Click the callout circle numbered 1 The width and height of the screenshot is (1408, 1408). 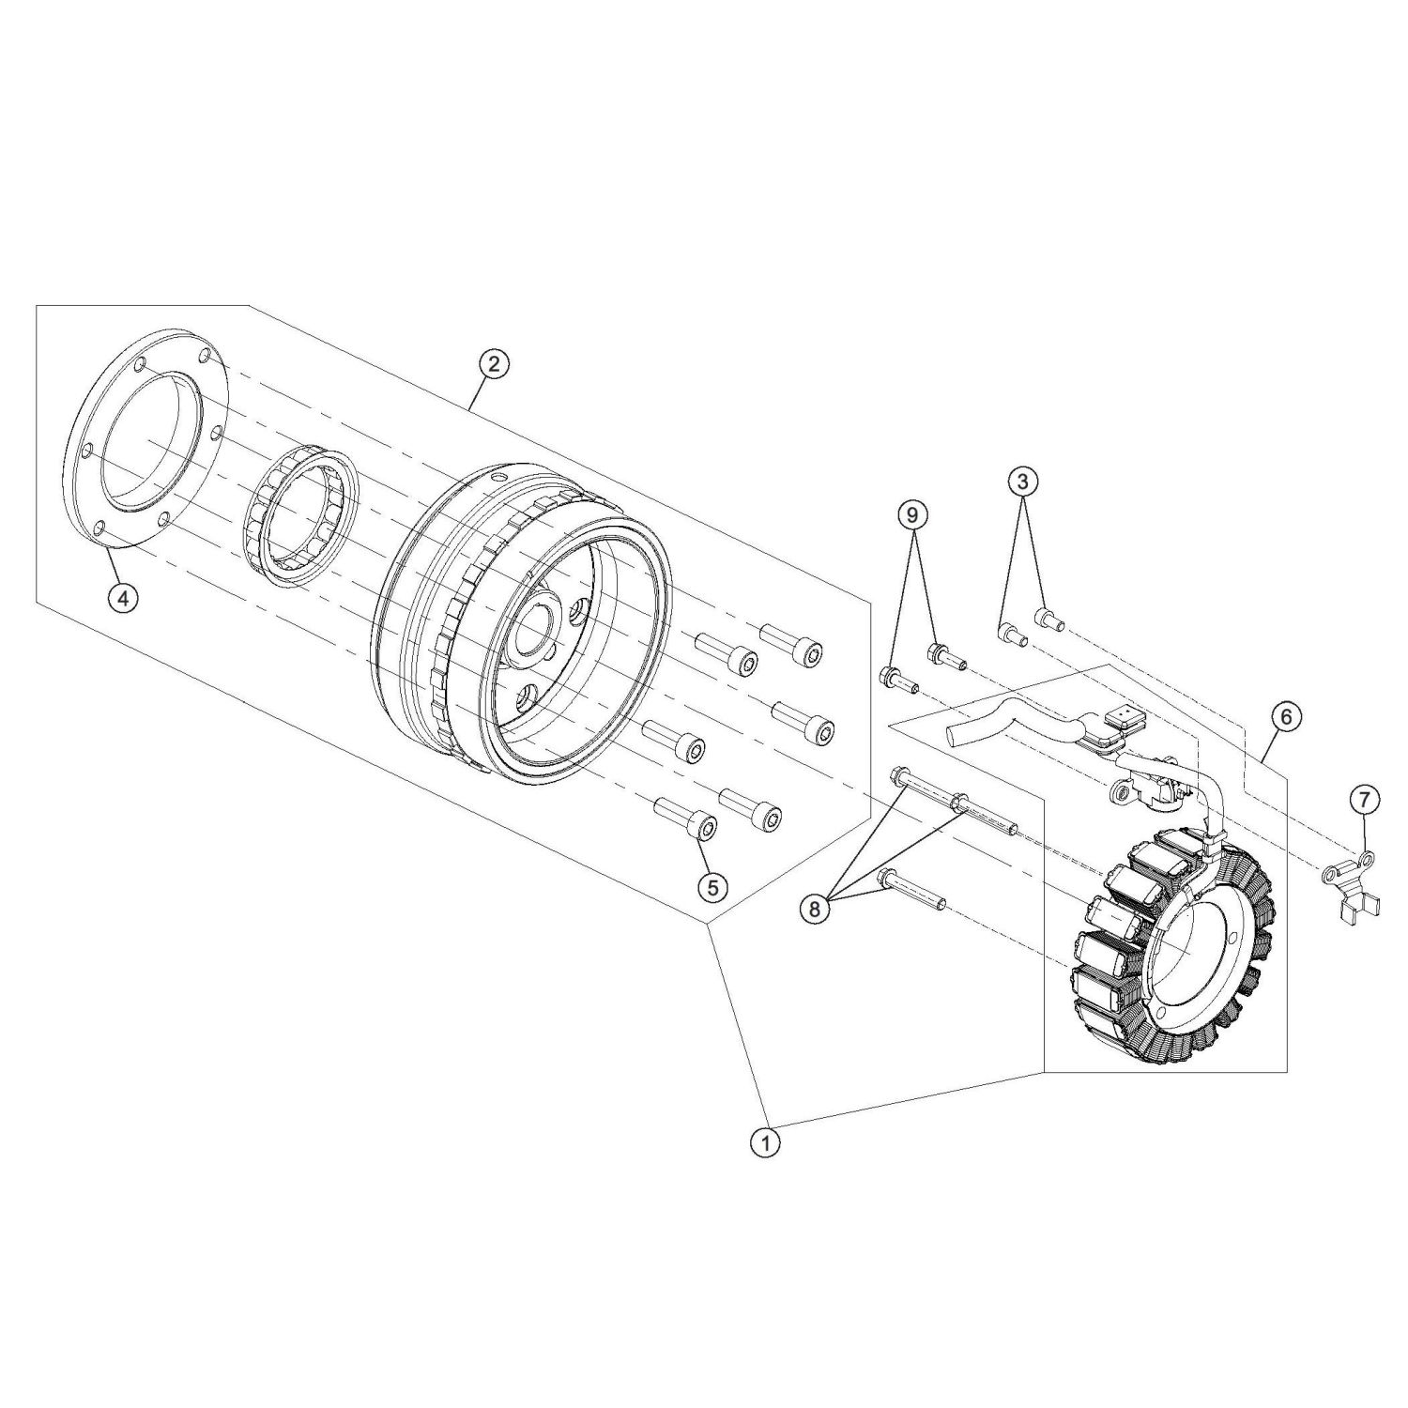[766, 1143]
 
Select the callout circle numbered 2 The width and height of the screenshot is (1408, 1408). [494, 364]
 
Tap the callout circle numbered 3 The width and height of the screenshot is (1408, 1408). [1023, 482]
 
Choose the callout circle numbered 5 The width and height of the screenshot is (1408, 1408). [712, 886]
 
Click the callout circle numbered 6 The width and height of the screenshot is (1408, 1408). [1285, 716]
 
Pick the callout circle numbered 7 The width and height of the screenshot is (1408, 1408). [1364, 800]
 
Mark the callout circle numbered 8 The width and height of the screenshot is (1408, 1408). [814, 908]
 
